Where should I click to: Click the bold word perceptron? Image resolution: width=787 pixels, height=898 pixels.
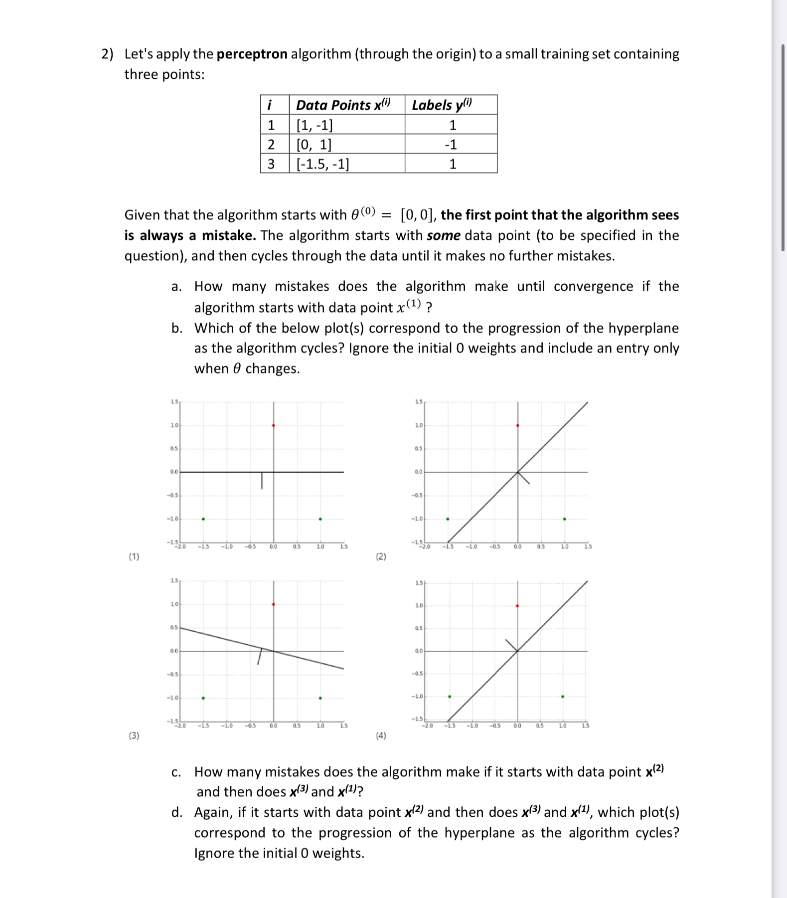(252, 54)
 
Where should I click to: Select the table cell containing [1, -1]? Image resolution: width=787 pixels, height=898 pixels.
(315, 125)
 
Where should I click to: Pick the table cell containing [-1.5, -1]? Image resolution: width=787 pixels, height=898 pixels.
(322, 164)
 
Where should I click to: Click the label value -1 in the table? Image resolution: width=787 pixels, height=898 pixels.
(451, 145)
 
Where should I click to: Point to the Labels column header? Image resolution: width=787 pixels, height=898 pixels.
(442, 105)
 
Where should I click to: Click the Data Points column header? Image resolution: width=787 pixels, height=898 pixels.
(343, 105)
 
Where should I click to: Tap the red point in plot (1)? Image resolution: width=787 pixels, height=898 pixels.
(273, 425)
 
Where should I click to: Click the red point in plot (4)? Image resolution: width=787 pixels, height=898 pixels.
(517, 606)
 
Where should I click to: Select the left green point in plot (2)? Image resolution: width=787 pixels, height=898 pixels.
(448, 519)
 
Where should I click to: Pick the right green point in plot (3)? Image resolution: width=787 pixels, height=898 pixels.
(320, 698)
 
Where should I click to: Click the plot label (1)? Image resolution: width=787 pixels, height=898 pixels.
(134, 556)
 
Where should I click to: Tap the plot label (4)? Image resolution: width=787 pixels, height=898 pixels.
(381, 735)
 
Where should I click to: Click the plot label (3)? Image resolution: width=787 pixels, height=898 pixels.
(134, 735)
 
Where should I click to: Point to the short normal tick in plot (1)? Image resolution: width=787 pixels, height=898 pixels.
(262, 480)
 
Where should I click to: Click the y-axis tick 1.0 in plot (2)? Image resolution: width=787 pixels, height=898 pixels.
(419, 425)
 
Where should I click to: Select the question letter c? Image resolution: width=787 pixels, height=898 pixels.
(175, 772)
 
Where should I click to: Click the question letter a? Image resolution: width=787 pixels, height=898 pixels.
(175, 287)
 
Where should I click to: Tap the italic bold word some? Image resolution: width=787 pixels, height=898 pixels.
(443, 235)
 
